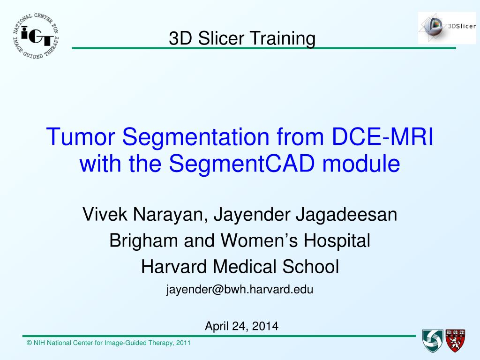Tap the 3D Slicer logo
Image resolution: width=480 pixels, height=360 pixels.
click(447, 28)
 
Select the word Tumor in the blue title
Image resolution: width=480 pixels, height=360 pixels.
click(81, 136)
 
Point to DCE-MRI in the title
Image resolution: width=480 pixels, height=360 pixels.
click(382, 136)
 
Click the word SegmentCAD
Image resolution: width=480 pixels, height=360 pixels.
click(242, 163)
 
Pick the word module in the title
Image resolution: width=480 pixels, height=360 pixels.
click(361, 163)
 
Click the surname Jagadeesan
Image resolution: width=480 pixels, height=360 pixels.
click(346, 215)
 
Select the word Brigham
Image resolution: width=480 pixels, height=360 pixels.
click(143, 241)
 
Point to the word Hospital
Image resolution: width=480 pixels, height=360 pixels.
click(337, 241)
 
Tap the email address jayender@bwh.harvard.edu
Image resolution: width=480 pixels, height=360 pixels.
click(240, 290)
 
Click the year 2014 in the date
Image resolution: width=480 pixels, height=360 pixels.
click(265, 326)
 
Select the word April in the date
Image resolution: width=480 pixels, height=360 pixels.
click(217, 327)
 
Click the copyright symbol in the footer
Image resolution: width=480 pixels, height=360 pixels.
click(30, 343)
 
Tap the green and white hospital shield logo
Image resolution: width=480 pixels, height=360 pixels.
click(433, 341)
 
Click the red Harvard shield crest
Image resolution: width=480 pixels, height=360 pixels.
click(455, 341)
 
